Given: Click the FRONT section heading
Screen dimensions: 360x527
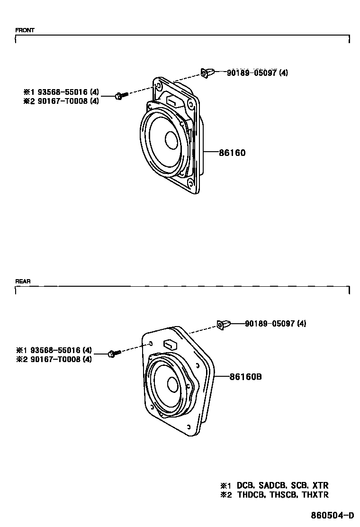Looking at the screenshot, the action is [25, 30].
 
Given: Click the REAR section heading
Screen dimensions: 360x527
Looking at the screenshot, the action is [23, 281].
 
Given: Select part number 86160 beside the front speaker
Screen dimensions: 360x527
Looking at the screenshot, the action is [232, 153].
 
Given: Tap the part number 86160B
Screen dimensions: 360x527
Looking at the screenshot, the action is [246, 377].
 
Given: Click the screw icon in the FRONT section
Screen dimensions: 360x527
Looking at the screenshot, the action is [121, 96].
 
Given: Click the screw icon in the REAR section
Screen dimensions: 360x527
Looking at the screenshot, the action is [114, 353].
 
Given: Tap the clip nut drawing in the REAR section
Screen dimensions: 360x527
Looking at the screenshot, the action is [224, 325].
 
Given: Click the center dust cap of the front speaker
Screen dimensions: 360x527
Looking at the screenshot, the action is [171, 140].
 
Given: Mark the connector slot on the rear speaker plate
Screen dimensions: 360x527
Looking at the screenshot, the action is [169, 343].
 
